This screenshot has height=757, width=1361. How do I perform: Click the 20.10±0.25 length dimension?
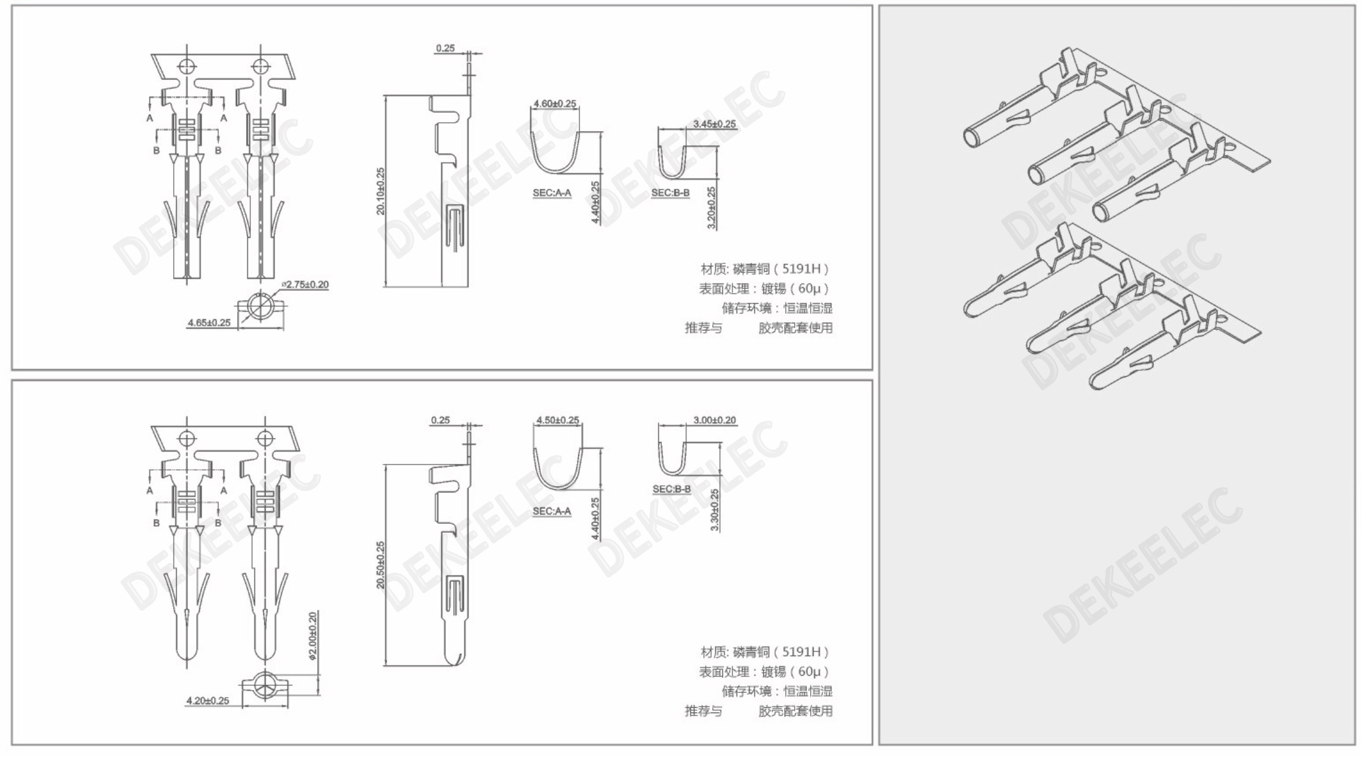[381, 191]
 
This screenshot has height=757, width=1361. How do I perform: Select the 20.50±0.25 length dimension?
[381, 565]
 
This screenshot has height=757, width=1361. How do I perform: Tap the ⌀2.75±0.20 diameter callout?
[305, 285]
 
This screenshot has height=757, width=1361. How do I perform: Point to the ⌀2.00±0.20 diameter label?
[313, 635]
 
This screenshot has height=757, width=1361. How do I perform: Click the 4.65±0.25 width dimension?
[209, 323]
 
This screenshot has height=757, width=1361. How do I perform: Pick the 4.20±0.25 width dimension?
[208, 701]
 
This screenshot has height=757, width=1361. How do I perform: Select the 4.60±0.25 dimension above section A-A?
[555, 104]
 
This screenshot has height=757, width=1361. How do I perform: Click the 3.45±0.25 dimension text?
[715, 124]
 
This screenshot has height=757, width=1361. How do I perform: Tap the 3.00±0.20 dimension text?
[715, 420]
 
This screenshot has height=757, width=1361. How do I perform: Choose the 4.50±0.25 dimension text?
[557, 420]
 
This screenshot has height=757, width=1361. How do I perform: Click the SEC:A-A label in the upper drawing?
[552, 193]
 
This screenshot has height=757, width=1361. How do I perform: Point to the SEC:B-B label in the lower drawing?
[672, 489]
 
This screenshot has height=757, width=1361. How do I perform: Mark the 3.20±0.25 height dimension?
[712, 208]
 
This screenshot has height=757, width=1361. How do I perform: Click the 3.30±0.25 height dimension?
[715, 510]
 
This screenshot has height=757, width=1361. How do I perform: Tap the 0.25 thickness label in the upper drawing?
[445, 48]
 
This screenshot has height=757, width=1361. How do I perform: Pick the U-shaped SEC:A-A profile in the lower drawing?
[558, 488]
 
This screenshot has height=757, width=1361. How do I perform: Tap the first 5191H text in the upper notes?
[801, 269]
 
